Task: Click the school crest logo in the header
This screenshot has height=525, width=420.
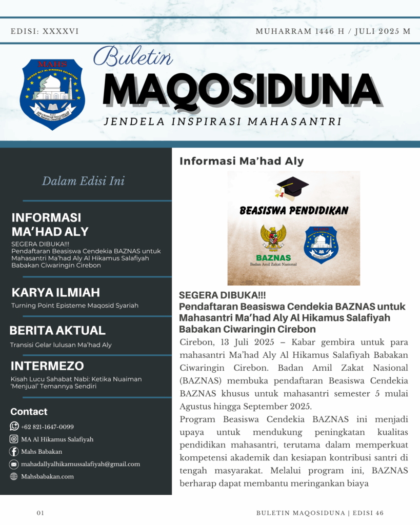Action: click(x=52, y=94)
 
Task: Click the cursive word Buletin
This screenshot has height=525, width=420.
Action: click(x=133, y=57)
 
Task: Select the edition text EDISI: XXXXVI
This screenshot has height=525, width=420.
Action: click(x=45, y=31)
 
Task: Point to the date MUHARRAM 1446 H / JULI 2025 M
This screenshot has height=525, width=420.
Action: click(x=333, y=31)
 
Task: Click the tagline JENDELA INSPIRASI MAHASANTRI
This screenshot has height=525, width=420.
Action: click(x=223, y=122)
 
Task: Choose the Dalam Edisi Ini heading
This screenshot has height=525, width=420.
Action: click(x=83, y=181)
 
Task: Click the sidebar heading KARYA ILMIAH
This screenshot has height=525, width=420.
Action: click(x=55, y=293)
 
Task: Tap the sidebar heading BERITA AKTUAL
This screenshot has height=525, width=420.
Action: click(x=57, y=331)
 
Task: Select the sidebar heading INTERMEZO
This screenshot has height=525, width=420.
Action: click(x=47, y=366)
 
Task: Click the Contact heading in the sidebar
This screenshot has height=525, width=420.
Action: click(x=29, y=412)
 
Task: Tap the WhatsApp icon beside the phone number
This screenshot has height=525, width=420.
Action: click(x=14, y=427)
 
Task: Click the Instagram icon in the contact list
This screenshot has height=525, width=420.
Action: click(x=14, y=439)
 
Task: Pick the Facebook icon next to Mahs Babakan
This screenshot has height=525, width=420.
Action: click(x=14, y=452)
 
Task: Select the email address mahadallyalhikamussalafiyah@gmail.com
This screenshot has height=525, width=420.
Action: click(x=81, y=464)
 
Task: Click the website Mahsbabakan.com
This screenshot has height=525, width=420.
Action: click(x=47, y=476)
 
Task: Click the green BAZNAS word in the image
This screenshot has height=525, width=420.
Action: click(x=273, y=257)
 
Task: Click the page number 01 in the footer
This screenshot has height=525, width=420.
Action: click(x=41, y=513)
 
